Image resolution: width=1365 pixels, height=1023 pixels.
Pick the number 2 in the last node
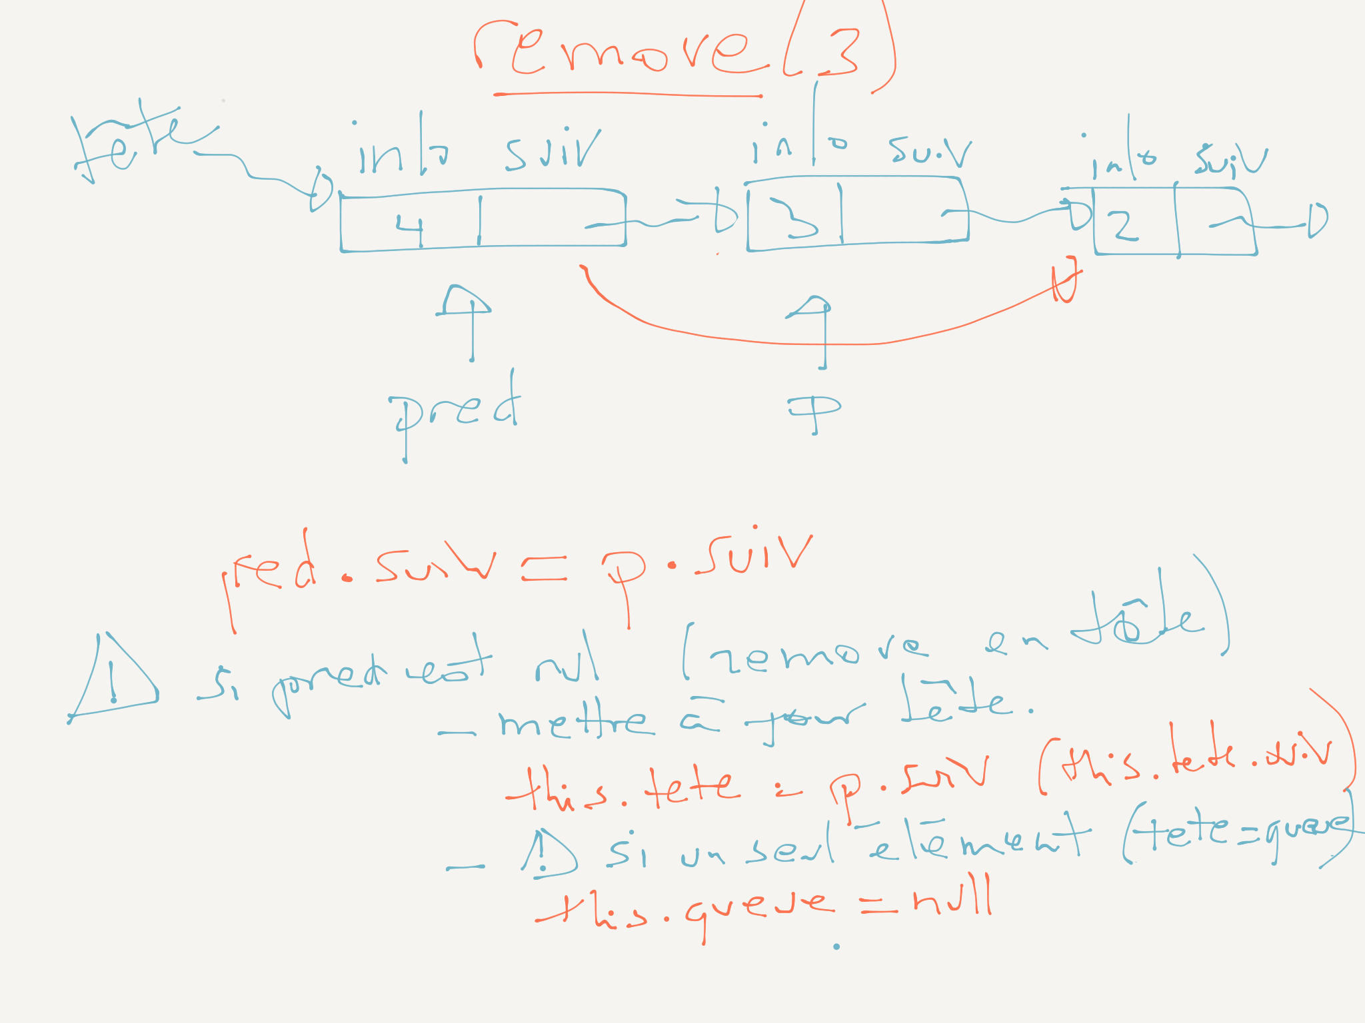click(x=1124, y=226)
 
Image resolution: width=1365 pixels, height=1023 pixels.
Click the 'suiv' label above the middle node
click(x=929, y=152)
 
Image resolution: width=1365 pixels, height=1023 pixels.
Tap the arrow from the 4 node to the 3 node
click(x=673, y=219)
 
